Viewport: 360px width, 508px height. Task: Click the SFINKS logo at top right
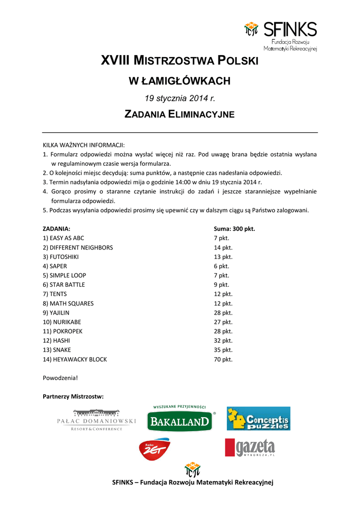point(280,36)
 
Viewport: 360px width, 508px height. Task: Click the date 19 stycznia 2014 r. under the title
point(179,98)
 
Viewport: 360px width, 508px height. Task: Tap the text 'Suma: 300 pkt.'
point(234,229)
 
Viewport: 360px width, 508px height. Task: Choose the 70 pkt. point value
point(223,359)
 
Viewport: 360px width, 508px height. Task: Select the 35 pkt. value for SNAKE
point(223,350)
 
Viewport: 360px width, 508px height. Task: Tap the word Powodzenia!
point(60,378)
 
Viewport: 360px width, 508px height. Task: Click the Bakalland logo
point(179,419)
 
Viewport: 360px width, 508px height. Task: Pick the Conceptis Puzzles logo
point(258,419)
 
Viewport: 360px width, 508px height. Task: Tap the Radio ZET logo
point(154,448)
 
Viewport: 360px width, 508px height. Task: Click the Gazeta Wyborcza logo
point(250,447)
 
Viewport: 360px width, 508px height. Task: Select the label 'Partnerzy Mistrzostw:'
point(73,396)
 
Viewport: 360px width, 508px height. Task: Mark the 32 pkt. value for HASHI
point(223,341)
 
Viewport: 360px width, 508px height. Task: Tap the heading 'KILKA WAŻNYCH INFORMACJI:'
point(83,145)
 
